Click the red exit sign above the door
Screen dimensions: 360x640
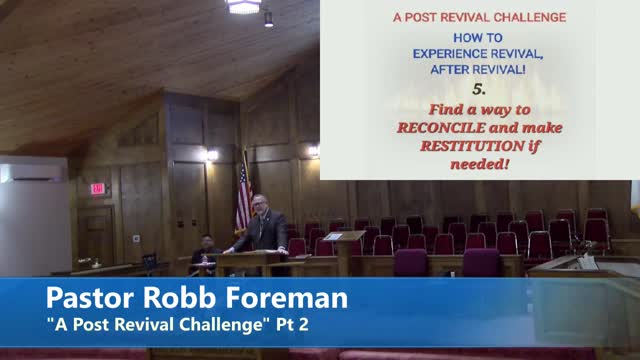pos(97,188)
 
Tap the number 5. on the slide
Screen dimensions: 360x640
pos(479,89)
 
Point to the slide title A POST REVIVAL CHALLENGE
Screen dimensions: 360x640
pos(479,17)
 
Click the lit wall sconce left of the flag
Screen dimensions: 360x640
pos(211,155)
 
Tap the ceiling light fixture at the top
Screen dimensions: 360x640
pos(243,6)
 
